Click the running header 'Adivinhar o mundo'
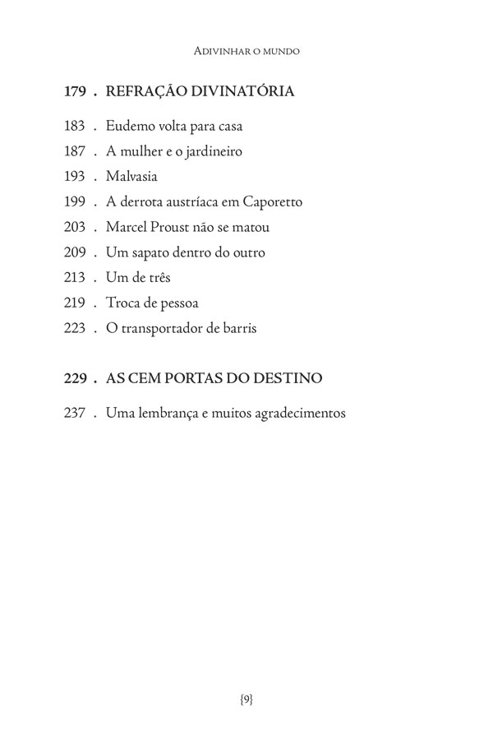click(x=246, y=51)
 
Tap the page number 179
click(x=76, y=92)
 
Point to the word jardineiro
click(x=209, y=151)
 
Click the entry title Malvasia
click(x=131, y=177)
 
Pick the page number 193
click(x=75, y=177)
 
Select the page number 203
click(x=75, y=227)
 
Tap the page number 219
click(x=75, y=303)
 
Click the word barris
click(x=239, y=328)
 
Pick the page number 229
click(x=76, y=378)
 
